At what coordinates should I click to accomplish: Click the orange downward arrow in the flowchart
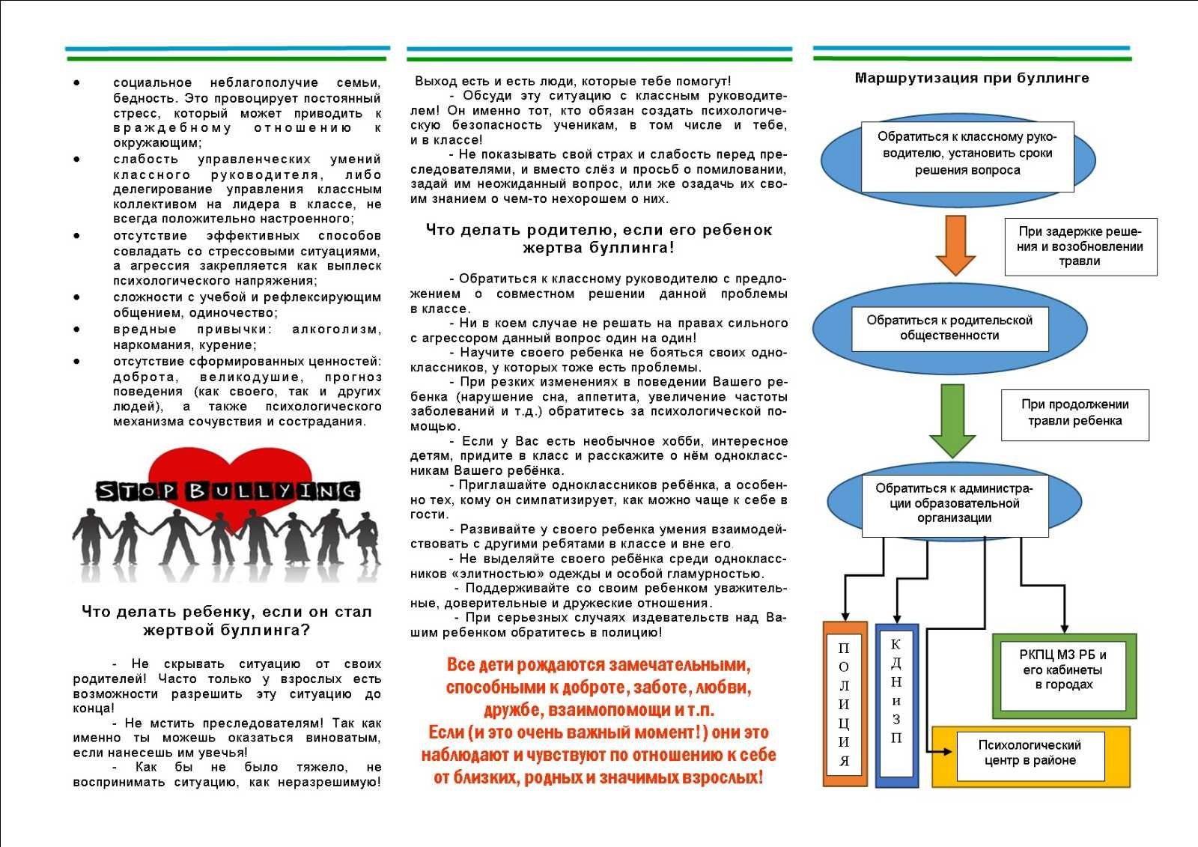(955, 244)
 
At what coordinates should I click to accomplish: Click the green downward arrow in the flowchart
(952, 419)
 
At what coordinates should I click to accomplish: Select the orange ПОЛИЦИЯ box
(845, 704)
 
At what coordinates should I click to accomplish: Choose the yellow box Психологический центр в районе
(1030, 756)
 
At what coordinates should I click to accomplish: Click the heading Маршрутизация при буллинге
(971, 78)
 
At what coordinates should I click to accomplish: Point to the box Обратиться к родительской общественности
(949, 328)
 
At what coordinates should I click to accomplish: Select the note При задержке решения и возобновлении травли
(1080, 246)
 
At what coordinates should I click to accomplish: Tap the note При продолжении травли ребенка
(1074, 413)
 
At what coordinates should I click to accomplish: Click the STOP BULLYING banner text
(227, 491)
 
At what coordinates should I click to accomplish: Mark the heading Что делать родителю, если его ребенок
(598, 230)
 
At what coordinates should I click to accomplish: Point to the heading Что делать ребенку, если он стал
(226, 612)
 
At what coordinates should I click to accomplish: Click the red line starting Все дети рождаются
(598, 665)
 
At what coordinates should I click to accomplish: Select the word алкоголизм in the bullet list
(335, 330)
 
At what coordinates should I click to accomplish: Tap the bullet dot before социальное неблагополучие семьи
(77, 83)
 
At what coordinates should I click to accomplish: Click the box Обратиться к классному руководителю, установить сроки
(967, 154)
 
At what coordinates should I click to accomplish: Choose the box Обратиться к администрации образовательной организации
(954, 503)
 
